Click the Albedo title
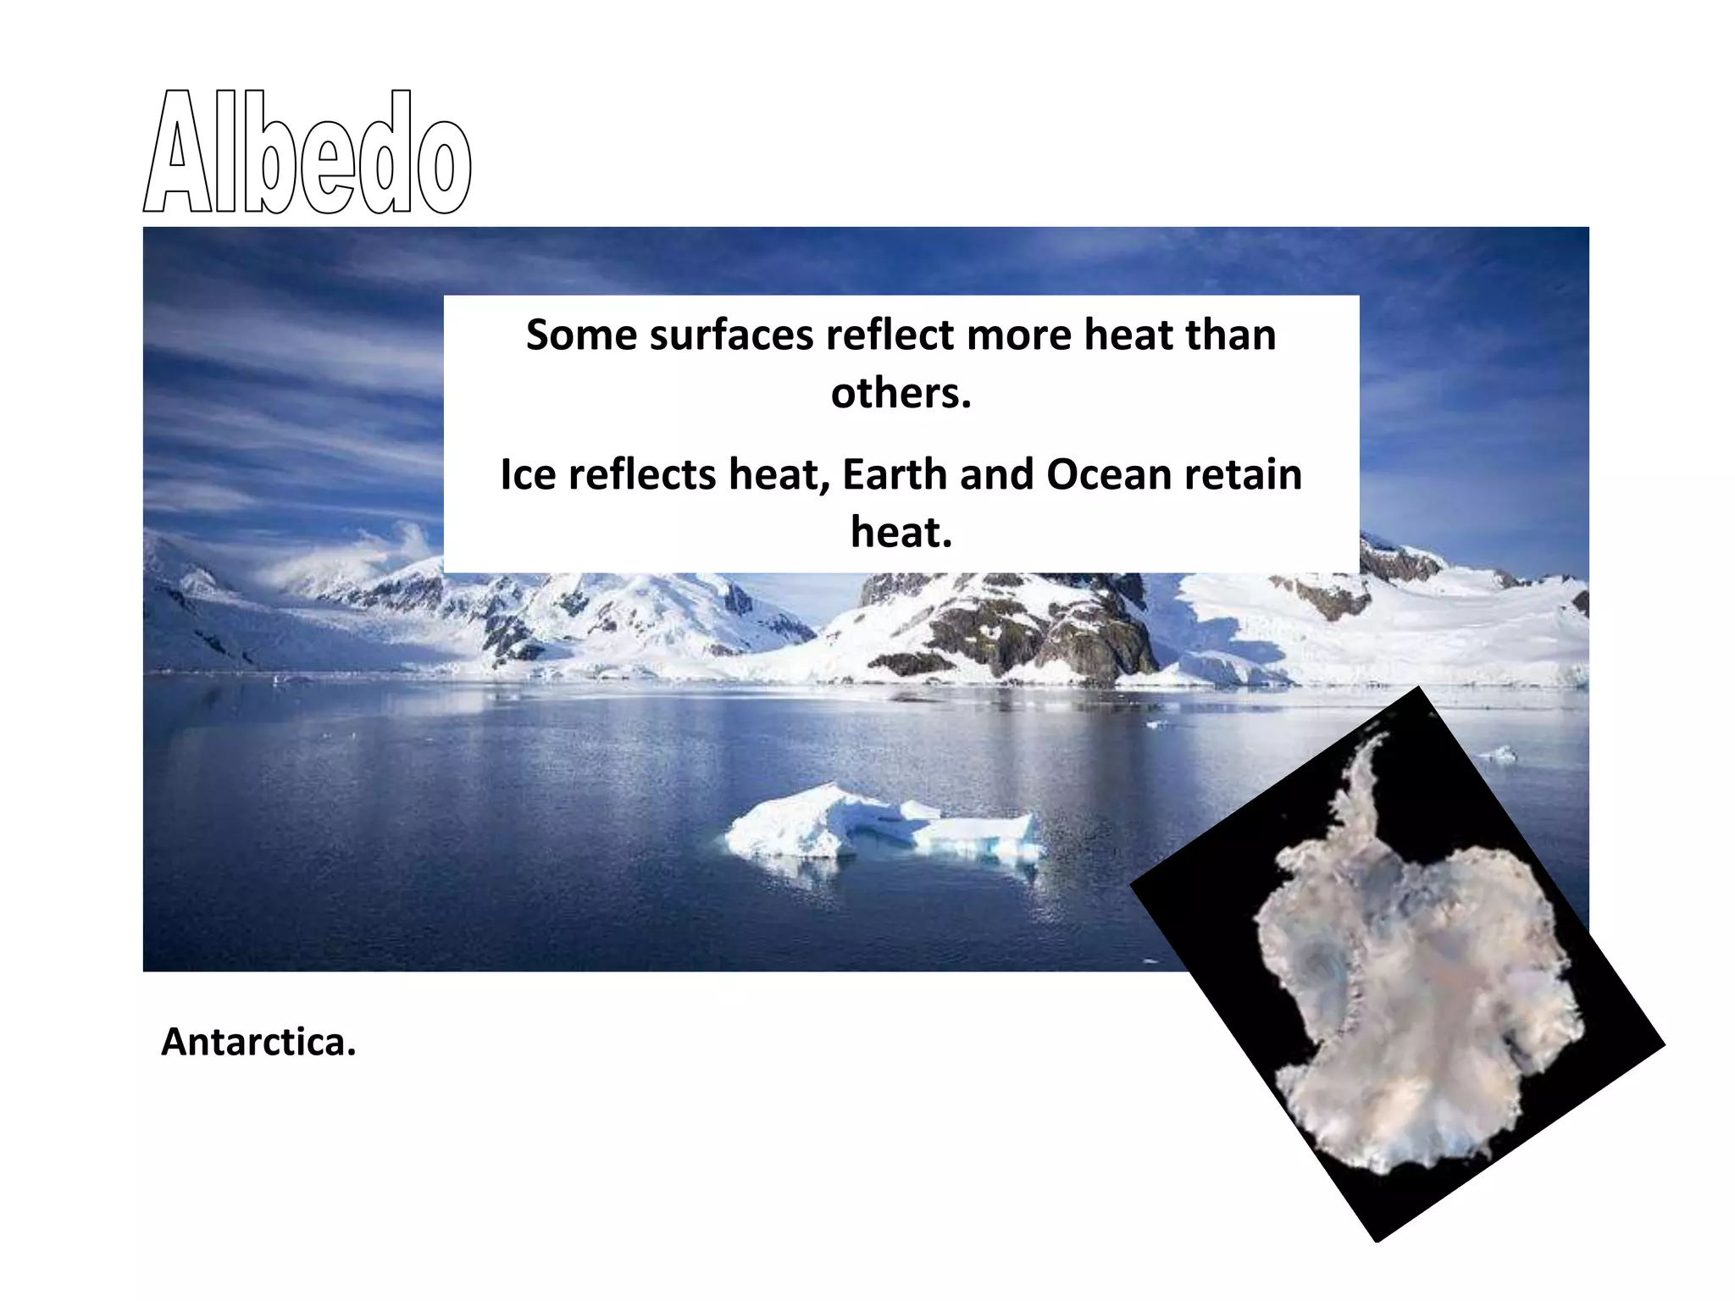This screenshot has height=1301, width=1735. [x=307, y=152]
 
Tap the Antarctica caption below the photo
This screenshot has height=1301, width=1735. [x=258, y=1042]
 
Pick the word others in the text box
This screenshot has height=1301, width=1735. [x=901, y=393]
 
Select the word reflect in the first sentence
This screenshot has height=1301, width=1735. [x=890, y=335]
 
